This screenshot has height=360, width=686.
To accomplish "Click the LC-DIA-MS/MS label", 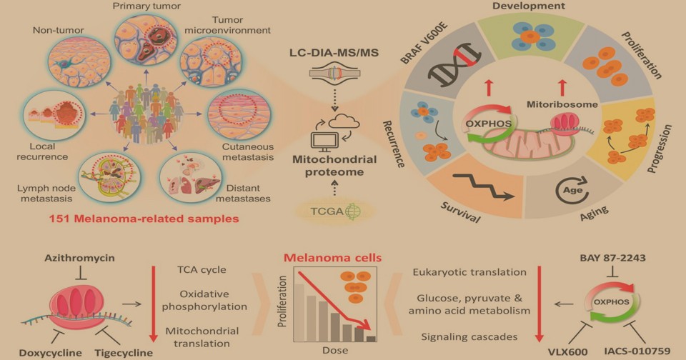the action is pos(334,54).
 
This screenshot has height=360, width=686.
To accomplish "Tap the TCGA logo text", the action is pos(327,211).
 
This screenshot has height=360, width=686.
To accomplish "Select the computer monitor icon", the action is pos(324,141).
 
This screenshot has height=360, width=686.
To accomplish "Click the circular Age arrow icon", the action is pos(572,190).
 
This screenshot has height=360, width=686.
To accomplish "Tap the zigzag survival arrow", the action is pos(484,186).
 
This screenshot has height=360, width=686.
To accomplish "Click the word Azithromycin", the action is pos(79,258).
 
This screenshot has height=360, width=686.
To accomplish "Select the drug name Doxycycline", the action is pos(50,353).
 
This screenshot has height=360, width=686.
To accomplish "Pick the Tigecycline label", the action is pos(124,353).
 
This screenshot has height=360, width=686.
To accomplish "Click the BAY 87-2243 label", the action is pos(612,258).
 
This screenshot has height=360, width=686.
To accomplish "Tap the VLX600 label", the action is pos(568,352).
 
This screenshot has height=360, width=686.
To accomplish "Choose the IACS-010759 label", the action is pos(637,351).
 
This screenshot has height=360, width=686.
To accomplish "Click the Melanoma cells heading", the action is pos(332,258).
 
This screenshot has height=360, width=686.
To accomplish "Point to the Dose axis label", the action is pos(335,351).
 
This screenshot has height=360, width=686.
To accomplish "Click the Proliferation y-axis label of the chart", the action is pos(282,301).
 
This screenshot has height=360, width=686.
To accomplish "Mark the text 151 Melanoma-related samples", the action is pos(144,219).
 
